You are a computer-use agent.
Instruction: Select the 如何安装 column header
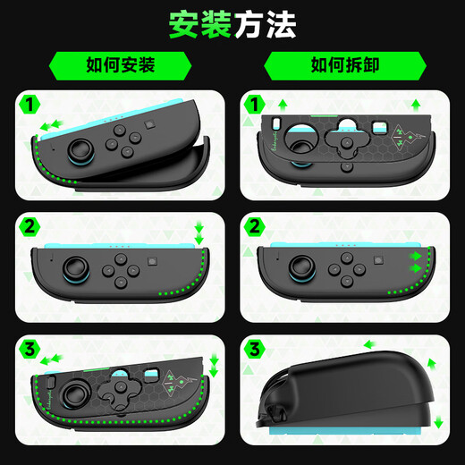pos(122,64)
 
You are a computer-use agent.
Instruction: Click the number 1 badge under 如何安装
pos(29,106)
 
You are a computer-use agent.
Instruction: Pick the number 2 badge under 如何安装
pos(29,225)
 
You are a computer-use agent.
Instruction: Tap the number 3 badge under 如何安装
pos(29,347)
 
